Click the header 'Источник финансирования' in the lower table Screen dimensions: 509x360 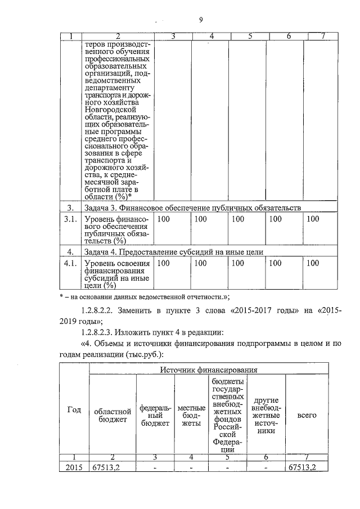click(209, 370)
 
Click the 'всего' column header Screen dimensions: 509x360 click(307, 415)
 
